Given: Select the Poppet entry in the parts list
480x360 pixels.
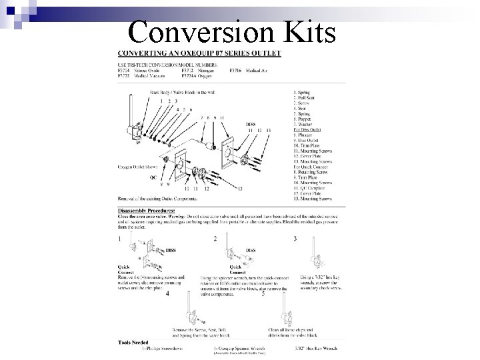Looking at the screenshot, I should coord(304,118).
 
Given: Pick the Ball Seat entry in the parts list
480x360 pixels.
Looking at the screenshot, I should coord(306,97).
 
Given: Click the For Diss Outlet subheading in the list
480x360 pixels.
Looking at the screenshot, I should coord(307,129).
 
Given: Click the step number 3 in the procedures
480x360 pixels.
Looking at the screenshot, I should coord(295,238).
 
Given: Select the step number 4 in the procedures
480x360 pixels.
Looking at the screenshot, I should coord(167,293).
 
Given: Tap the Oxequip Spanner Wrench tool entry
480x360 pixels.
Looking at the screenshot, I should coord(244,348).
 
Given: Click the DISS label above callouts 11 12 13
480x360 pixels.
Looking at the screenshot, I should coord(251,124).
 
